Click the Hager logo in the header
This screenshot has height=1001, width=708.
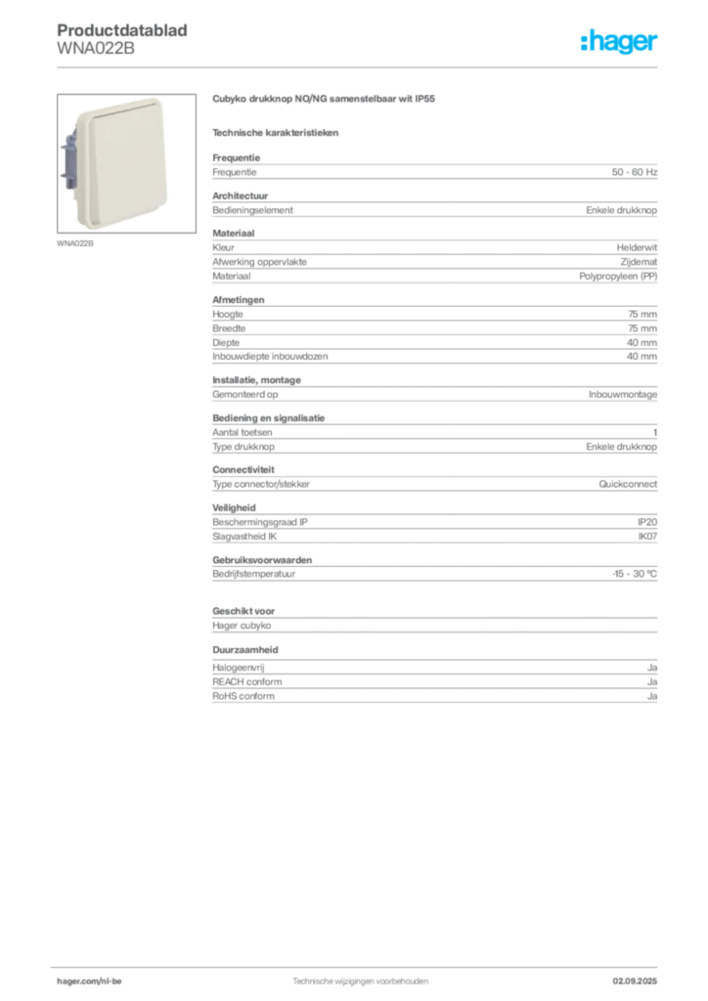pyautogui.click(x=618, y=41)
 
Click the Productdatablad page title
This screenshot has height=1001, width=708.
pyautogui.click(x=122, y=30)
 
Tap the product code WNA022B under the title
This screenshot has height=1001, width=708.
pyautogui.click(x=96, y=49)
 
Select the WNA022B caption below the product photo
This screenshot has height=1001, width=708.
pyautogui.click(x=75, y=243)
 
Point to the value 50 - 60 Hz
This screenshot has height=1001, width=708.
pyautogui.click(x=634, y=172)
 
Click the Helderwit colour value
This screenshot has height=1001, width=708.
pyautogui.click(x=637, y=247)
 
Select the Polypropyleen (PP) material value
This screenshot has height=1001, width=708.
pyautogui.click(x=618, y=277)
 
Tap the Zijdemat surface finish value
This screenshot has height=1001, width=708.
pyautogui.click(x=639, y=262)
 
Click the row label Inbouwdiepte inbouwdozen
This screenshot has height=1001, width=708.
pyautogui.click(x=270, y=356)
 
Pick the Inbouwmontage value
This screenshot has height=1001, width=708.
pyautogui.click(x=623, y=395)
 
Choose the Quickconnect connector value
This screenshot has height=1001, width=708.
pyautogui.click(x=628, y=484)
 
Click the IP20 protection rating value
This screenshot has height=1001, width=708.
pyautogui.click(x=646, y=522)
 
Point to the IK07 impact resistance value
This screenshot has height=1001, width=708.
pyautogui.click(x=647, y=537)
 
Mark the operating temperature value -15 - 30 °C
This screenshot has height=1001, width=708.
pyautogui.click(x=635, y=574)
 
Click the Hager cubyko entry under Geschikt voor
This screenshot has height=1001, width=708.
pyautogui.click(x=242, y=626)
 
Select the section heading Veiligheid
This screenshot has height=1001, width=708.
pyautogui.click(x=235, y=507)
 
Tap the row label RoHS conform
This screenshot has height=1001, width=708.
pyautogui.click(x=243, y=696)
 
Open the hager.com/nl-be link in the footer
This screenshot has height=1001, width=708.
pyautogui.click(x=89, y=981)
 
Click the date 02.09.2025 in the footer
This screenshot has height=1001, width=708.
pyautogui.click(x=635, y=981)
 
